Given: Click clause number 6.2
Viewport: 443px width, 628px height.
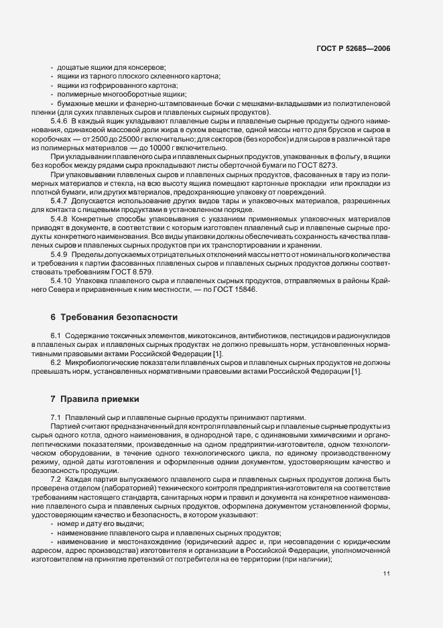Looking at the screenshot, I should [56, 362].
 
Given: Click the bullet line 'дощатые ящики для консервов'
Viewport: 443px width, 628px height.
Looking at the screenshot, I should [111, 68].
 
